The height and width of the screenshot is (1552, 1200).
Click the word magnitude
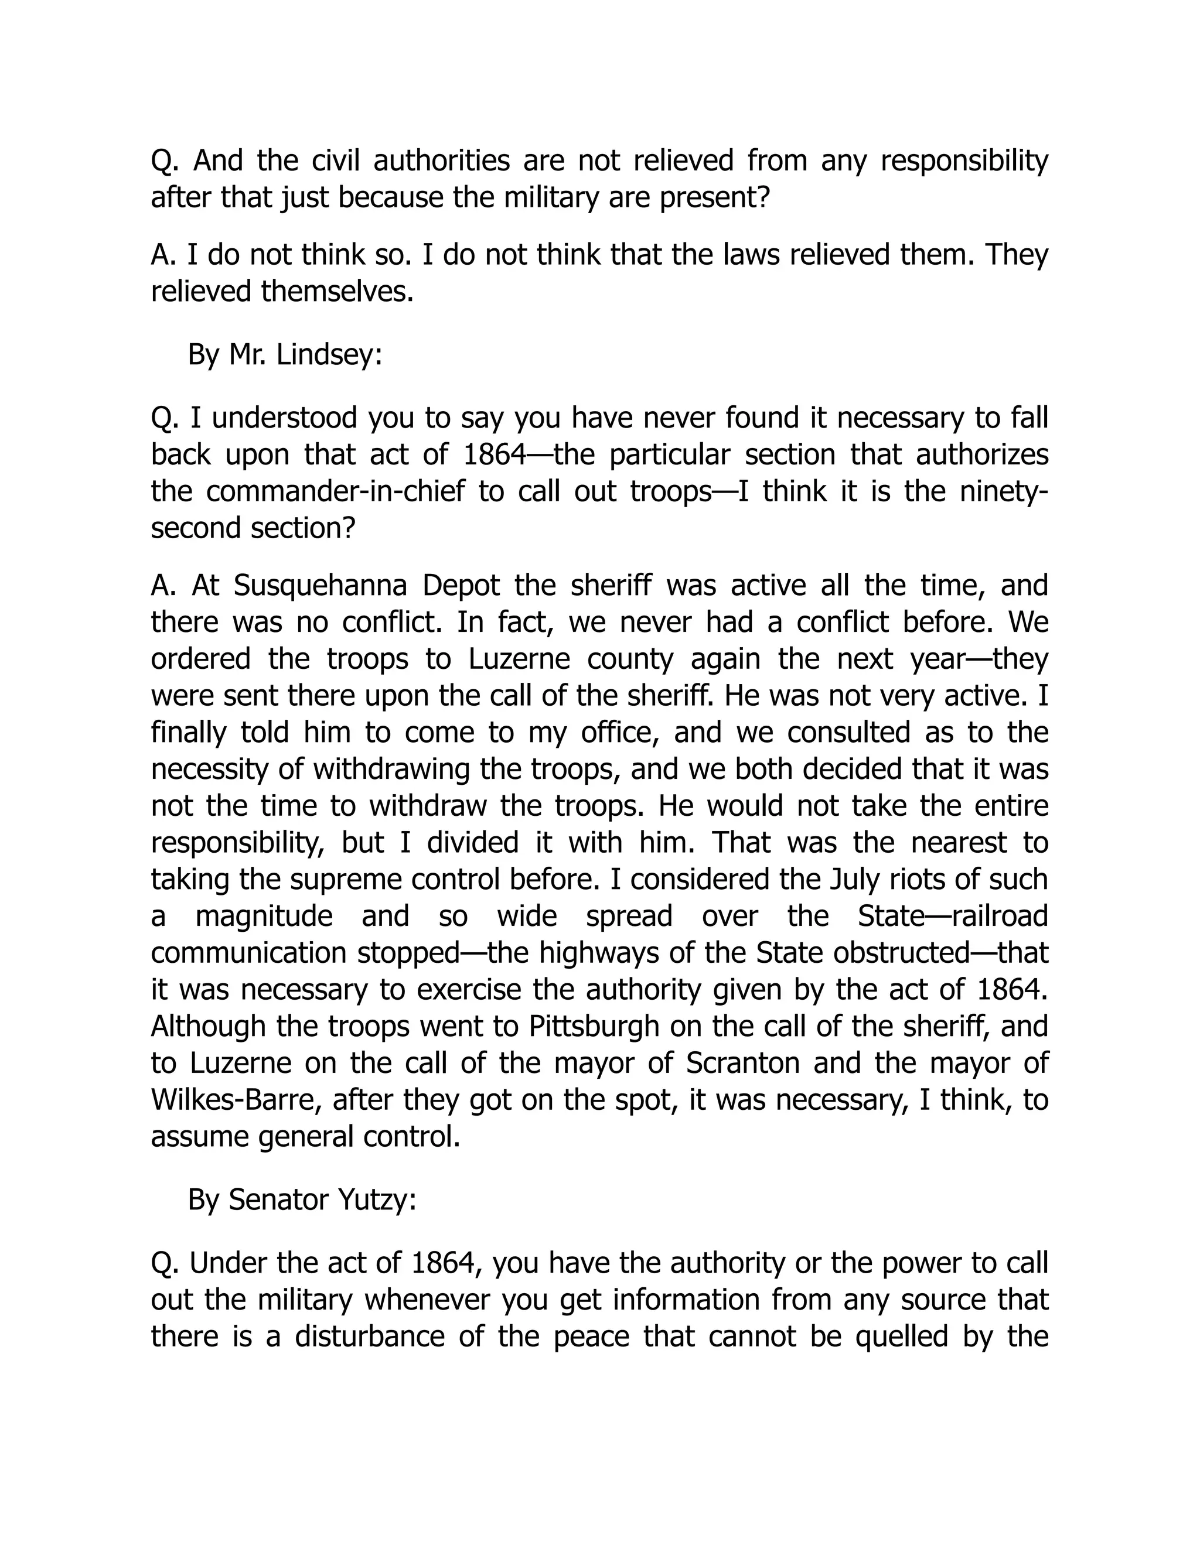(x=264, y=916)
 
